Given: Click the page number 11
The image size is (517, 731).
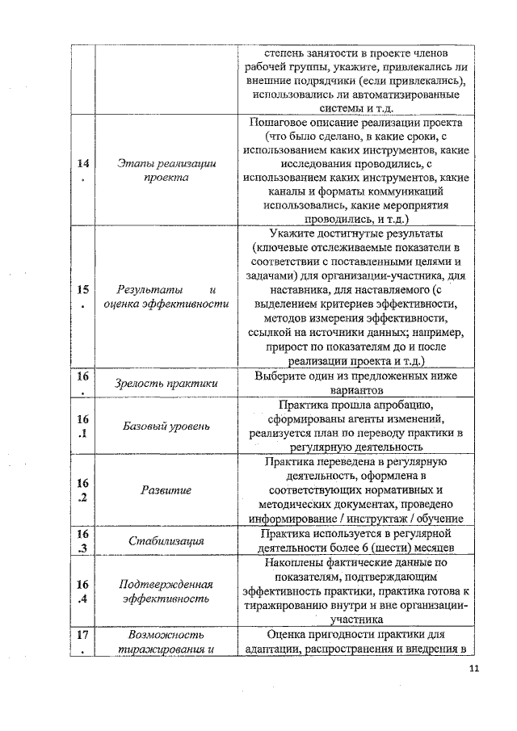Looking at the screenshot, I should click(x=473, y=668).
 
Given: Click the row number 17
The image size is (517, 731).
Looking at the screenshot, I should click(x=82, y=641).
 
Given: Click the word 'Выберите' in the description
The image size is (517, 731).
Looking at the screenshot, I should click(x=280, y=376).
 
